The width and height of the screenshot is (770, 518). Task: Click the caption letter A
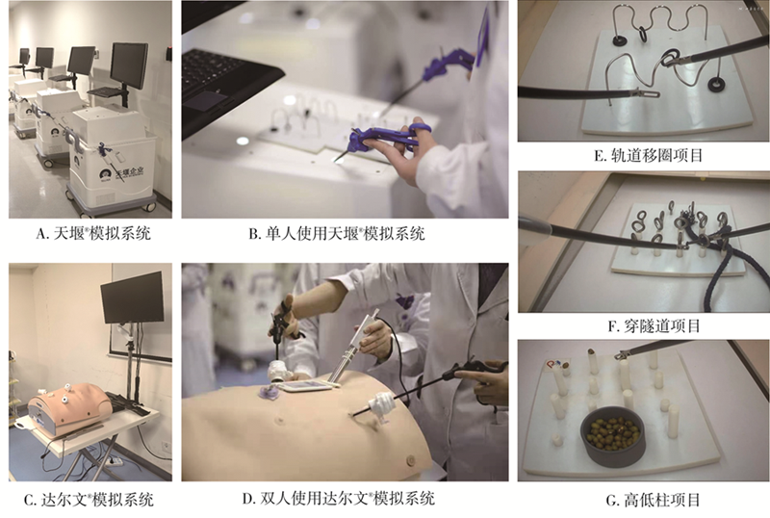pyautogui.click(x=40, y=233)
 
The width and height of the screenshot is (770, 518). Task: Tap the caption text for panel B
pyautogui.click(x=336, y=233)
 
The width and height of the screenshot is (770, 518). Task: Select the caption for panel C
pyautogui.click(x=89, y=500)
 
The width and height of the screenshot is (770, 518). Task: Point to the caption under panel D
pyautogui.click(x=339, y=499)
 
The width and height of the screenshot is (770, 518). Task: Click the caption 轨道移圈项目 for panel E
pyautogui.click(x=648, y=156)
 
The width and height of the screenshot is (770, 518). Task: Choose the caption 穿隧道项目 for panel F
pyautogui.click(x=654, y=325)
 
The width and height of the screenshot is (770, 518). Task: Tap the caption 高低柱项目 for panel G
pyautogui.click(x=654, y=501)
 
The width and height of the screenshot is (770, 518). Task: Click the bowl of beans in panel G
pyautogui.click(x=613, y=436)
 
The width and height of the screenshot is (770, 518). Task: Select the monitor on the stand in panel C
pyautogui.click(x=132, y=297)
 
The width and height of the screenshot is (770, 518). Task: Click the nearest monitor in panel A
pyautogui.click(x=129, y=65)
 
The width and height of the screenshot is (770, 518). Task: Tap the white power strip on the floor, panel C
pyautogui.click(x=114, y=461)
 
